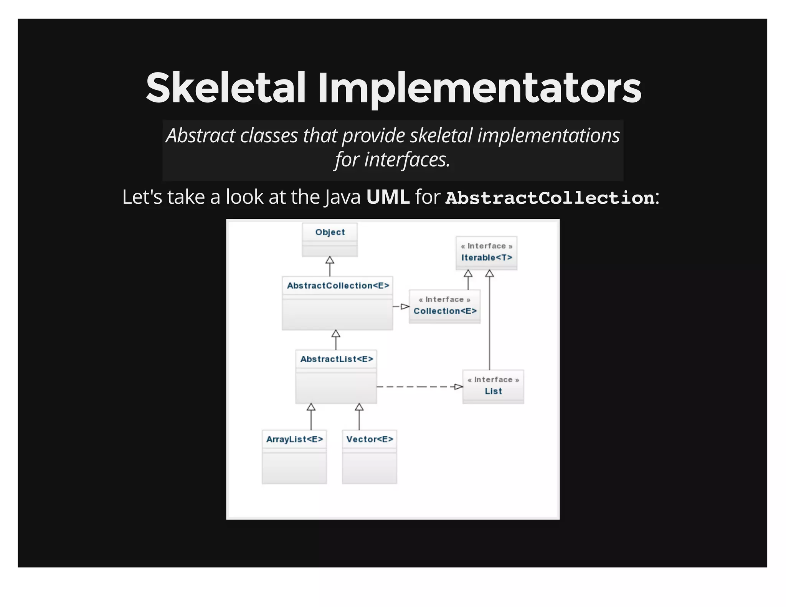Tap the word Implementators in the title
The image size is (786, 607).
coord(479,89)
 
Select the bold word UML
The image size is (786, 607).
coord(388,197)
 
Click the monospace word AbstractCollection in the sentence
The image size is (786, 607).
coord(550,198)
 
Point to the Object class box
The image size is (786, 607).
coord(330,239)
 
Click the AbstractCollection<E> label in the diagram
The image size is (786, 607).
coord(338,285)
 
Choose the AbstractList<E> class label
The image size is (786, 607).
coord(336,359)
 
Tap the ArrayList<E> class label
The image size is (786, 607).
coord(294,439)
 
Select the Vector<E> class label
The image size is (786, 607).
coord(370,439)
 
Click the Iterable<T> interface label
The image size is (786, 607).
coord(486,257)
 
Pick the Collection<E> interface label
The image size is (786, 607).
coord(445,311)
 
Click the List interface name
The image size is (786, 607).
coord(493,391)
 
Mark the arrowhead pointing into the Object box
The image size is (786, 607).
coord(330,261)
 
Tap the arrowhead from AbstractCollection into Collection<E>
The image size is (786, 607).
coord(405,307)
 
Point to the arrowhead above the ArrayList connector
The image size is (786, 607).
coord(311,407)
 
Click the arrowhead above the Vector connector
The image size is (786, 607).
coord(359,407)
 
